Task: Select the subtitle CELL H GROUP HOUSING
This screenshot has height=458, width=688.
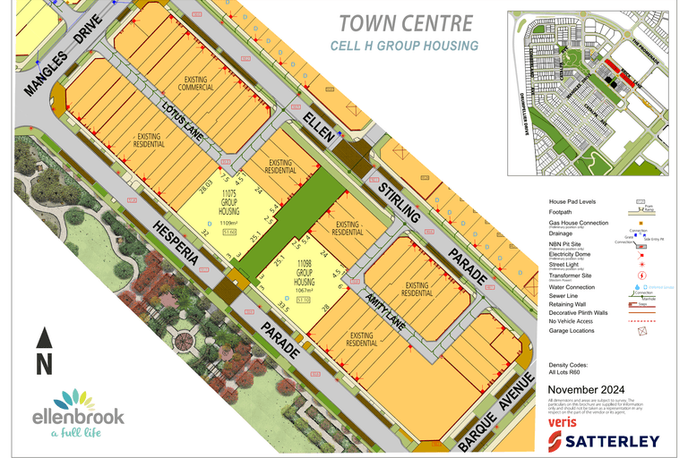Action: (404, 46)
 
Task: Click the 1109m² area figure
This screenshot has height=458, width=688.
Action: (230, 224)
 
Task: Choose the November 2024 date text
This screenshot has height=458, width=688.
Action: (592, 391)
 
